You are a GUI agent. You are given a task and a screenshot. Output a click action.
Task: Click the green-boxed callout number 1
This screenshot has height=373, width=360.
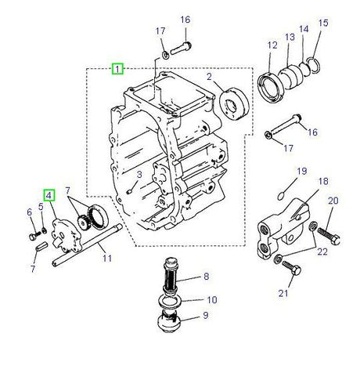(117, 68)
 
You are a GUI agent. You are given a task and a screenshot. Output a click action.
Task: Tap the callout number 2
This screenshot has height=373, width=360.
(209, 76)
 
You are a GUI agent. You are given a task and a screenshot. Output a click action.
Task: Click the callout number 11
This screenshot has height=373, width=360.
(107, 258)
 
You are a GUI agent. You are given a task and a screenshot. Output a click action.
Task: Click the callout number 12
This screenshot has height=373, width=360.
(272, 45)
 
